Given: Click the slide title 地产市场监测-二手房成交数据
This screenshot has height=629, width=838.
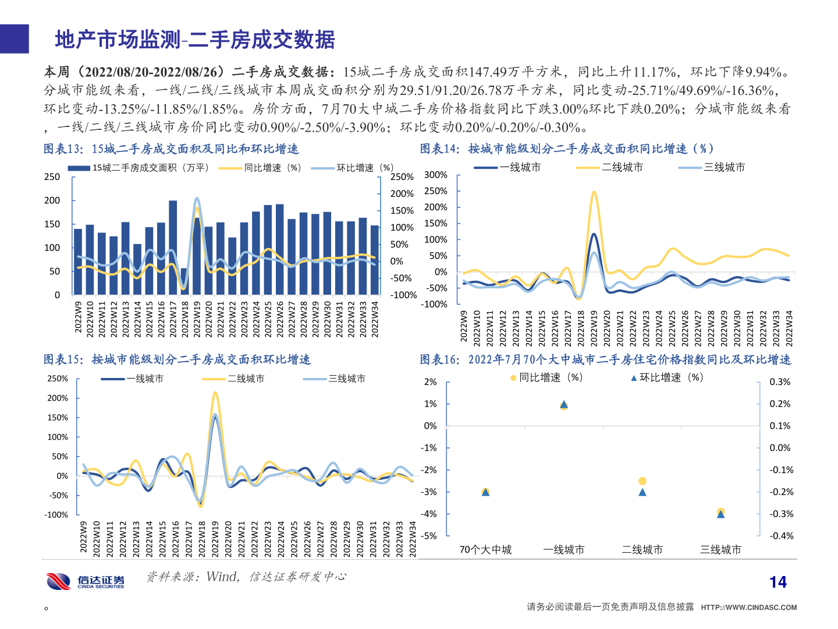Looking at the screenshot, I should pos(195,40).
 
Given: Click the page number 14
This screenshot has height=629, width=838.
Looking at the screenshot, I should pos(777,582).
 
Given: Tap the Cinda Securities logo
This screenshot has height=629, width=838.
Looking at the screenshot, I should pos(86,581).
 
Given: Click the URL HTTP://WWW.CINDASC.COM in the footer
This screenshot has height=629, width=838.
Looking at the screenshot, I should pos(748,607).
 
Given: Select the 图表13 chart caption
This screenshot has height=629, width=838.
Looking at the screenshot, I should pos(171,149).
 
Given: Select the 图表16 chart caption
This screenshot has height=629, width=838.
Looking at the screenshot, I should pos(605,360).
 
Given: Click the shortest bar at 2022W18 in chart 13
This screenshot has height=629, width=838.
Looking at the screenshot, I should pos(184,281).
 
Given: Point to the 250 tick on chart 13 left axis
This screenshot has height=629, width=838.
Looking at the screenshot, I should pos(52,176).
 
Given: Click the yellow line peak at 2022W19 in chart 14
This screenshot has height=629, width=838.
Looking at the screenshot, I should pos(594,192).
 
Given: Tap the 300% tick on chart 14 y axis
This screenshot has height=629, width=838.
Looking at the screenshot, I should pos(435,175).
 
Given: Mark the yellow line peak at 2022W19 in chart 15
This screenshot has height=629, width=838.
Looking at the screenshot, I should pos(215,393).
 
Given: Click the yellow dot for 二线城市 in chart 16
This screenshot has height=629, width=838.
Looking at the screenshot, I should pos(642,481).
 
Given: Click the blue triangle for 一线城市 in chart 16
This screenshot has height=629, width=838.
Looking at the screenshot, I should pos(563,404).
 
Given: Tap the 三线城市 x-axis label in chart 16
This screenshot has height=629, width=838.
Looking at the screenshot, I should pos(720,550).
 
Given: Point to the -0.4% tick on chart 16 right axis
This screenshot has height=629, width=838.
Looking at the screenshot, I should pos(782,536).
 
